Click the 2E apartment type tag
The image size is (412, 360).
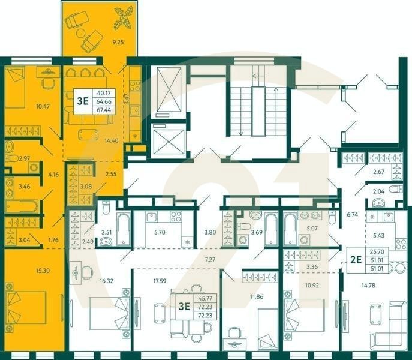pos(356,259)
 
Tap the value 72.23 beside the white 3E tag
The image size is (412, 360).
pos(198,305)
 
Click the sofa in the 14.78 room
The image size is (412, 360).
pos(396,321)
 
